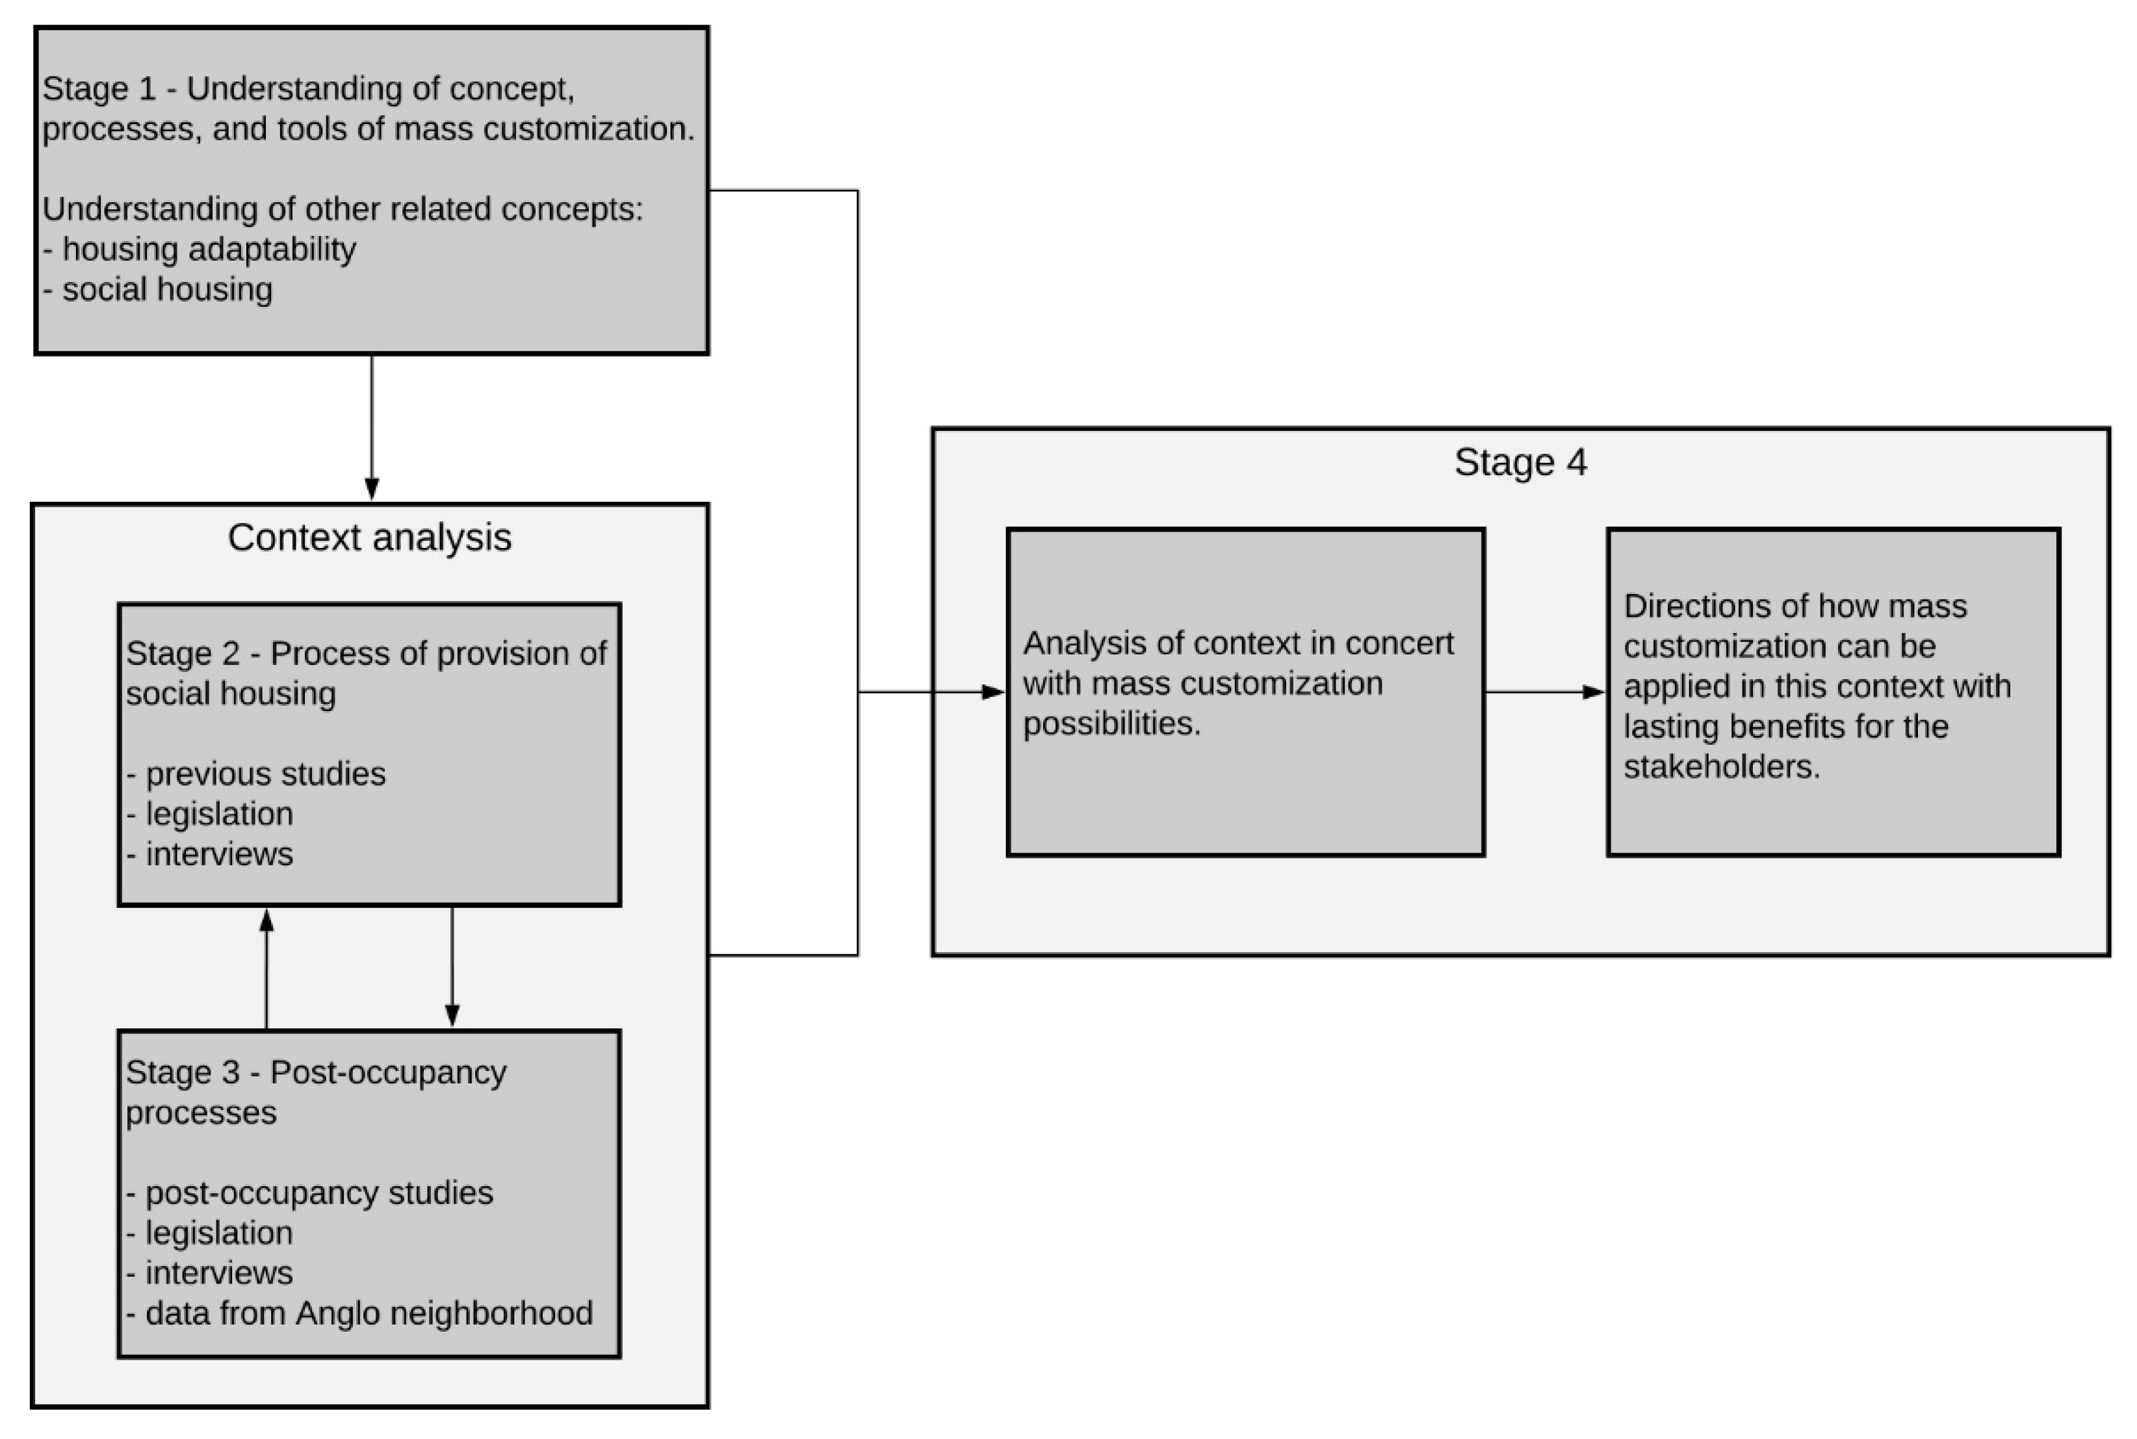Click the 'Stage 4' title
pos(1520,463)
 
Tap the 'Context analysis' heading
pos(369,538)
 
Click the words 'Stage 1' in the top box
pos(98,89)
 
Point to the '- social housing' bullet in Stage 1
pos(158,290)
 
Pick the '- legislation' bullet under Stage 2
pos(210,814)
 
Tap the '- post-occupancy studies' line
pos(309,1193)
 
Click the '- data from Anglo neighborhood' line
pos(359,1314)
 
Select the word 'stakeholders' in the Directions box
pos(1720,767)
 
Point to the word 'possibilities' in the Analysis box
pos(1111,724)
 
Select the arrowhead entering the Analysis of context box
pos(993,692)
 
